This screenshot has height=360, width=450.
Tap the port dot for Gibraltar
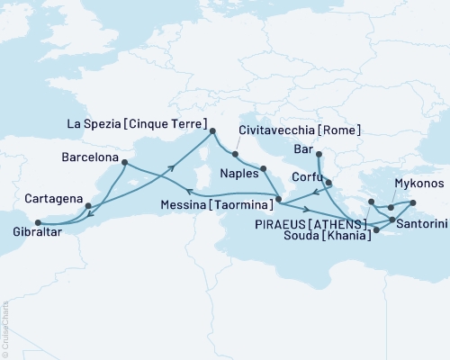(x=37, y=222)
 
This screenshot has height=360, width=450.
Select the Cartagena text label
(x=53, y=198)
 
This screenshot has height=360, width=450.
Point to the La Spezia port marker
(x=213, y=131)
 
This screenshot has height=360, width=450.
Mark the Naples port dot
(x=263, y=168)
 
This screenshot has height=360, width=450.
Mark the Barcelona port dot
(x=124, y=163)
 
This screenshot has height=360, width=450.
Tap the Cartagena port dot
(x=88, y=206)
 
